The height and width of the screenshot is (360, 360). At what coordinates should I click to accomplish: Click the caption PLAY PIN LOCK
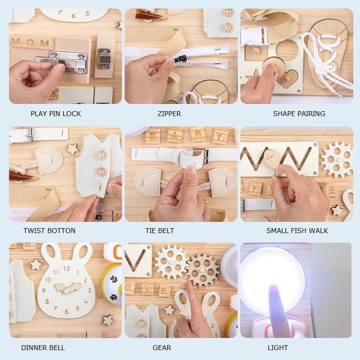click(x=56, y=114)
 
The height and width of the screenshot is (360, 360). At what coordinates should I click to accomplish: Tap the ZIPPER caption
click(x=169, y=114)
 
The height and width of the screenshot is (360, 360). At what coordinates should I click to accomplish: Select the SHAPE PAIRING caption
click(x=299, y=114)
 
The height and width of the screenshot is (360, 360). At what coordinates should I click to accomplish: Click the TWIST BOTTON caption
click(x=49, y=231)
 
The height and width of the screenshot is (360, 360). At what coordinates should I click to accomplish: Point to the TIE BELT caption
click(x=159, y=231)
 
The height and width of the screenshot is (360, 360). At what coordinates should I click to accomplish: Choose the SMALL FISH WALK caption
click(x=297, y=231)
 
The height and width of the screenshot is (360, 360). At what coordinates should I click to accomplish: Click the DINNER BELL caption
click(x=43, y=348)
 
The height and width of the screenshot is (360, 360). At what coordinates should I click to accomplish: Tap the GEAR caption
click(x=162, y=348)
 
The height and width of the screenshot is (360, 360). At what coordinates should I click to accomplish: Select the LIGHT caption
click(x=278, y=348)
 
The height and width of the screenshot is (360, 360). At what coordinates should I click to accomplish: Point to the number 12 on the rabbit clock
click(x=67, y=269)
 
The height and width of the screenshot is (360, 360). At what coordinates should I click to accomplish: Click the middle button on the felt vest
click(x=102, y=171)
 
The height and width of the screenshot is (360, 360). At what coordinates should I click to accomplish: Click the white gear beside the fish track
click(x=336, y=159)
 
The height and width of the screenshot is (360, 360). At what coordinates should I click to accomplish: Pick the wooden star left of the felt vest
click(x=72, y=149)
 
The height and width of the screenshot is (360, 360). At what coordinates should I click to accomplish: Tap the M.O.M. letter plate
click(x=32, y=43)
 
